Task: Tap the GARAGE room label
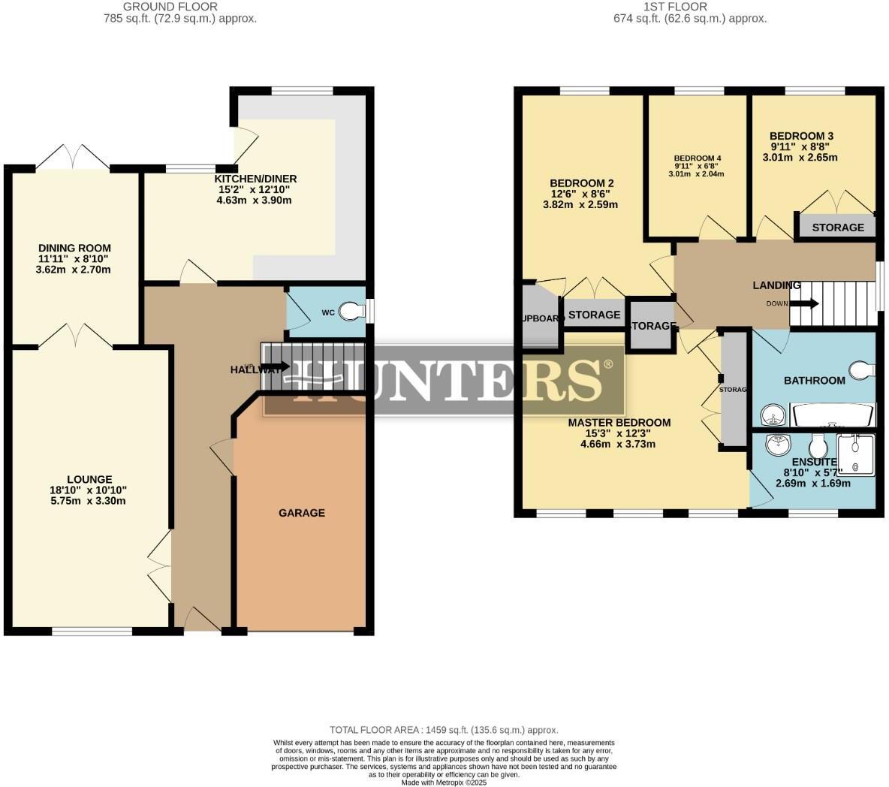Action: tap(302, 513)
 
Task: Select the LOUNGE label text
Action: tap(89, 479)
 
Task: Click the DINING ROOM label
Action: tap(74, 248)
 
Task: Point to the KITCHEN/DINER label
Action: tap(255, 179)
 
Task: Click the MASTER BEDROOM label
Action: tap(619, 422)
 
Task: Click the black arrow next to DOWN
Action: tap(804, 303)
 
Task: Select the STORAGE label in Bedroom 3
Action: tap(838, 227)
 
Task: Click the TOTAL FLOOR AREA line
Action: tap(444, 730)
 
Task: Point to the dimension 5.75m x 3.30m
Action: tap(89, 501)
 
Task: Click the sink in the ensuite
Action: tap(777, 445)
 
